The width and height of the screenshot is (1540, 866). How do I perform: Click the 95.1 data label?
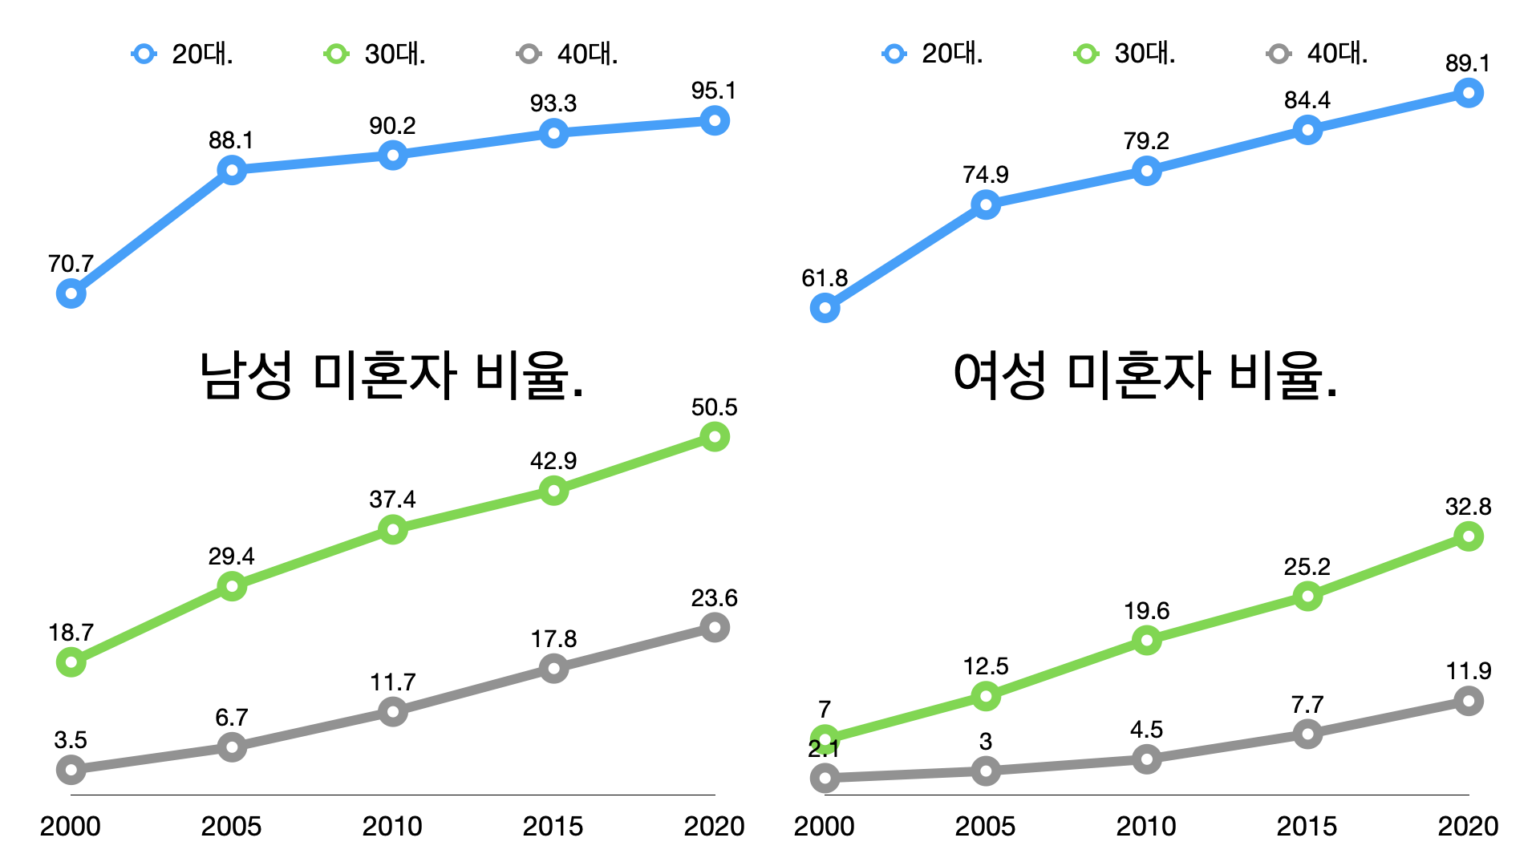pyautogui.click(x=713, y=91)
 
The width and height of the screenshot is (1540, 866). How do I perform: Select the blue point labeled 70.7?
pyautogui.click(x=71, y=294)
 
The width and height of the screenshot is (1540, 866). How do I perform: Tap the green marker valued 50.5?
pyautogui.click(x=714, y=437)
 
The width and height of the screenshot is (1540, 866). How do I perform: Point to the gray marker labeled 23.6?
pyautogui.click(x=714, y=627)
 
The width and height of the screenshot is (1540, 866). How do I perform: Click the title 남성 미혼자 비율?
pyautogui.click(x=391, y=375)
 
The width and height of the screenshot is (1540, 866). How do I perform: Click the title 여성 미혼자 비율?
pyautogui.click(x=1145, y=375)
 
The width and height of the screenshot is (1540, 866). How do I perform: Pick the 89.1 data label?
pyautogui.click(x=1467, y=63)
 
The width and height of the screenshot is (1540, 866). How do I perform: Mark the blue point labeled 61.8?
pyautogui.click(x=825, y=308)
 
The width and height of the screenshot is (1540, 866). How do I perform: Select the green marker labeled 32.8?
pyautogui.click(x=1468, y=536)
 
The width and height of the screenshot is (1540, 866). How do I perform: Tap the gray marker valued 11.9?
pyautogui.click(x=1468, y=702)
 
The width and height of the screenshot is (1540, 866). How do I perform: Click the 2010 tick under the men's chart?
pyautogui.click(x=392, y=826)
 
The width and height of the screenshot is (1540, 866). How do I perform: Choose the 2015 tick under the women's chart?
pyautogui.click(x=1307, y=826)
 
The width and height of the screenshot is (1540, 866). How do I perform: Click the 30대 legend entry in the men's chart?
pyautogui.click(x=375, y=54)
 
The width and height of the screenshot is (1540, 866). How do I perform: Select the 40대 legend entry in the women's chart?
pyautogui.click(x=1318, y=54)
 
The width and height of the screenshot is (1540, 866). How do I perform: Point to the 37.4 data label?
pyautogui.click(x=392, y=500)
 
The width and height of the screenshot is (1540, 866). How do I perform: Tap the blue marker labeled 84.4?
pyautogui.click(x=1307, y=130)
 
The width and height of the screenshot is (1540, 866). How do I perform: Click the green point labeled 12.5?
pyautogui.click(x=986, y=696)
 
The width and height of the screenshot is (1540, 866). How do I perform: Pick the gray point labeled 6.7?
pyautogui.click(x=232, y=747)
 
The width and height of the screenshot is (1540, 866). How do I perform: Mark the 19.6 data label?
pyautogui.click(x=1146, y=611)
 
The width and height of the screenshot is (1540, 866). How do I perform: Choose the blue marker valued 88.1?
pyautogui.click(x=232, y=170)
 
